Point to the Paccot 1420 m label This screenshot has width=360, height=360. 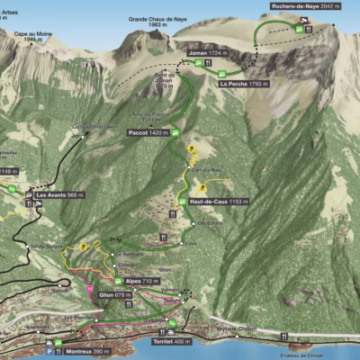(149, 131)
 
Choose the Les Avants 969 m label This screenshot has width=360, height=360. (59, 193)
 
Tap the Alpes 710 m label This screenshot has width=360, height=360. (142, 282)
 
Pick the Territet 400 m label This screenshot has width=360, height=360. (171, 342)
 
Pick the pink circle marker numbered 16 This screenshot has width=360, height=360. (90, 288)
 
